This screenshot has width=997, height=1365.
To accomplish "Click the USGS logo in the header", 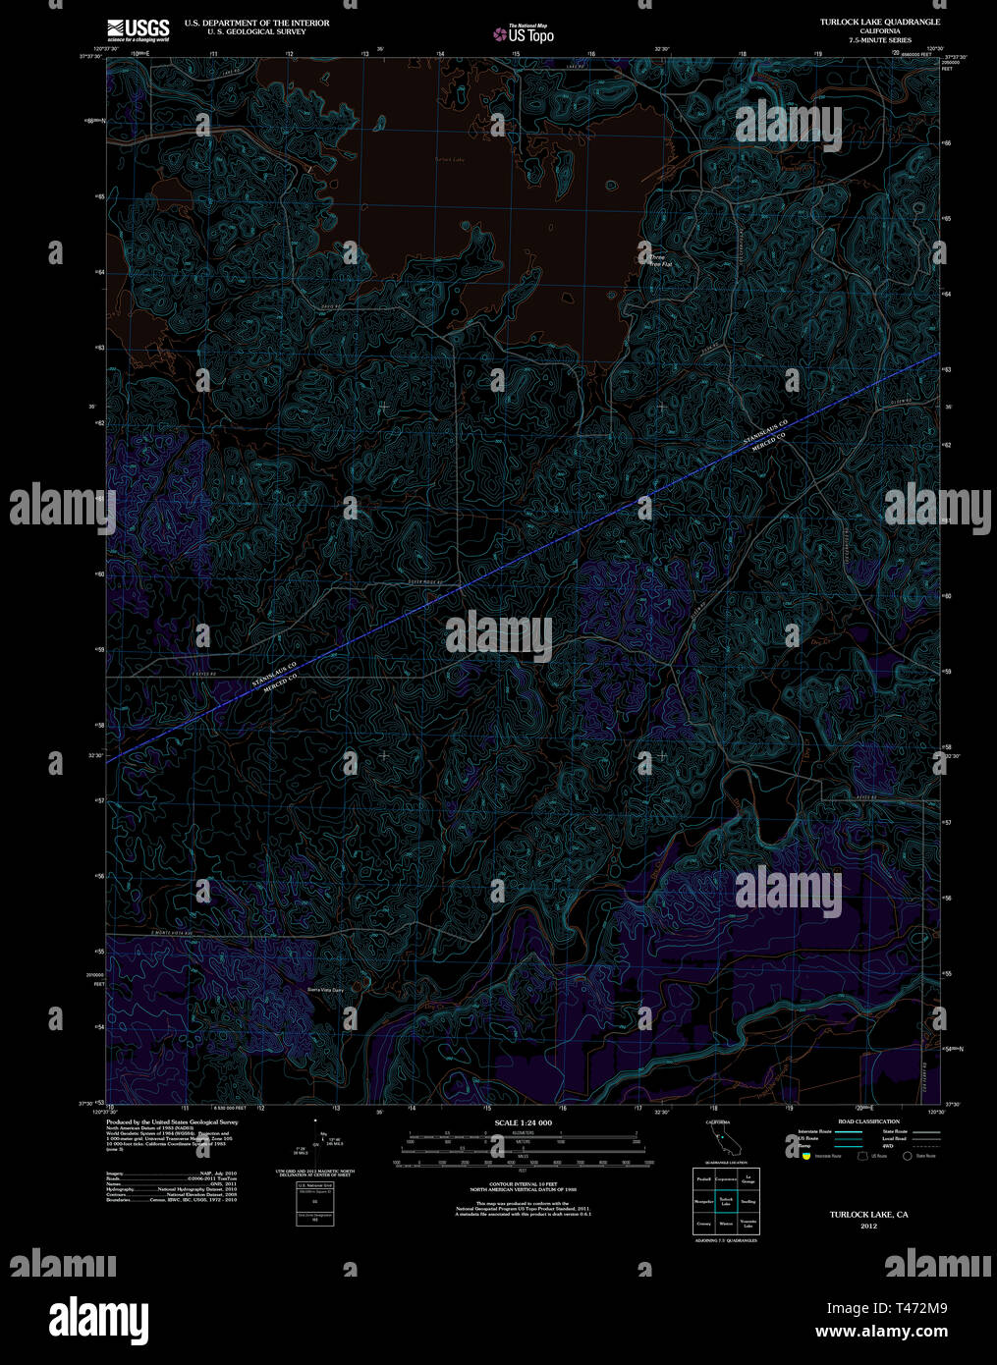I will (138, 27).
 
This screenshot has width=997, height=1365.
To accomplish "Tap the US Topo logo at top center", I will (524, 34).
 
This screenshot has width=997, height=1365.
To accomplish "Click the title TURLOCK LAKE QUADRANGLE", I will (880, 22).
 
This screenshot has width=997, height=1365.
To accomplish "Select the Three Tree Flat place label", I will (659, 261).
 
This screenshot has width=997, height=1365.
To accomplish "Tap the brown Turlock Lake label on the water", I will (448, 159).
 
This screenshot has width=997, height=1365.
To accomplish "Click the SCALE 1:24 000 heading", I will (523, 1122).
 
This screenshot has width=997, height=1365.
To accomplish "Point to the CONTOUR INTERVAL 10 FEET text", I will (523, 1184).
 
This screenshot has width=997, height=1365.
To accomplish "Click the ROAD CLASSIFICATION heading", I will (867, 1121).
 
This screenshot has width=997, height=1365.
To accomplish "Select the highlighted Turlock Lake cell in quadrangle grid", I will (726, 1201).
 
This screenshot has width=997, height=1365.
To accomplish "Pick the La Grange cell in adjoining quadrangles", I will (748, 1178).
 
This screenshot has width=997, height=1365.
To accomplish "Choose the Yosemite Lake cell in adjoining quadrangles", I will (748, 1224).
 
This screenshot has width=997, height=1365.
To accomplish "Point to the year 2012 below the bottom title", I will (868, 1227).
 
